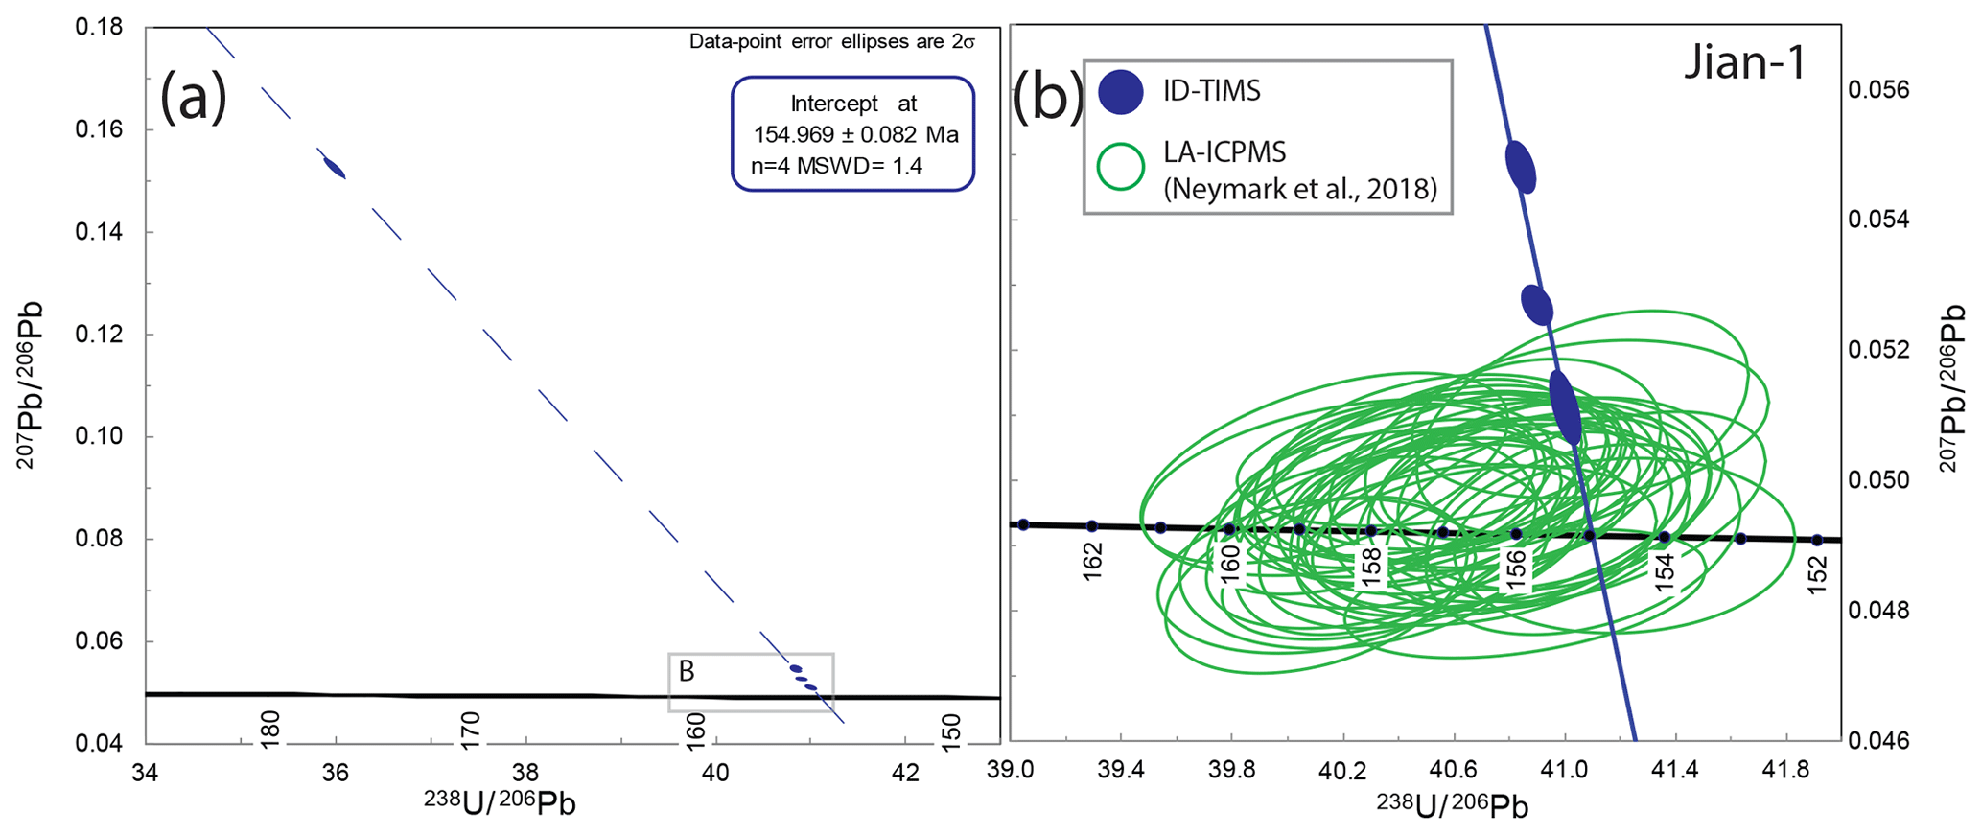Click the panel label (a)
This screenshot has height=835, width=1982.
coord(194,99)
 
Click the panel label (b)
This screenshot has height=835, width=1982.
coord(1047,96)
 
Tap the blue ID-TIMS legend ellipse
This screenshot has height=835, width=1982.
coord(1122,92)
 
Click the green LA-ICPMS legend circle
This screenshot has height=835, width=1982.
coord(1121,167)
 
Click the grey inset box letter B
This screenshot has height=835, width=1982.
coord(687,672)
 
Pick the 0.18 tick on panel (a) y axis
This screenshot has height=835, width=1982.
coord(99,28)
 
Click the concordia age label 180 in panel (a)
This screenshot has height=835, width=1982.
coord(270,730)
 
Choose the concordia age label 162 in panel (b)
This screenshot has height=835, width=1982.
coord(1093,561)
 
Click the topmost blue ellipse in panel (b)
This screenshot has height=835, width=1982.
coord(1521,167)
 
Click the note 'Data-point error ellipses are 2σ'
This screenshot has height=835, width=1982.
coord(831,42)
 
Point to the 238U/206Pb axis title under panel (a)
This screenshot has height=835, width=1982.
coord(500,803)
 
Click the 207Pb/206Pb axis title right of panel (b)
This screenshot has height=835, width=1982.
coord(1951,388)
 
